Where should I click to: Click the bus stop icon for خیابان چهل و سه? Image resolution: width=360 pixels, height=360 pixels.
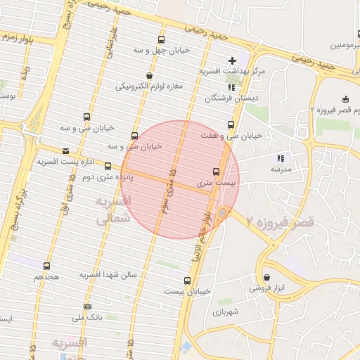(x=162, y=40)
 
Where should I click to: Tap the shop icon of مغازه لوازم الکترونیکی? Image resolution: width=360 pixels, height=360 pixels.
(x=149, y=76)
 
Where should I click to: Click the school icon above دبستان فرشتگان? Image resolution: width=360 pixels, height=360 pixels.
(x=232, y=87)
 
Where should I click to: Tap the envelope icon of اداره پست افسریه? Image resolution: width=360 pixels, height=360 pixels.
(x=65, y=151)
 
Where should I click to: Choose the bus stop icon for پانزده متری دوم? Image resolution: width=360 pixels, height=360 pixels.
(x=108, y=167)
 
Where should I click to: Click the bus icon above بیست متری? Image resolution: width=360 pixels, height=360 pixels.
(x=216, y=172)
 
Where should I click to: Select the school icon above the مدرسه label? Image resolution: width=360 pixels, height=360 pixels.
(x=280, y=159)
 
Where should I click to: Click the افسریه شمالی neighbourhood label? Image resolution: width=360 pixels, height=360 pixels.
(x=112, y=210)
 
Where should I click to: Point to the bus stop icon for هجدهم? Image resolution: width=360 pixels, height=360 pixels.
(x=46, y=266)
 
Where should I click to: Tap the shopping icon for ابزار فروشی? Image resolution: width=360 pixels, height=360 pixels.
(x=266, y=278)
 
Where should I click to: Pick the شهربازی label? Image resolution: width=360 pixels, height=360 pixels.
(x=226, y=310)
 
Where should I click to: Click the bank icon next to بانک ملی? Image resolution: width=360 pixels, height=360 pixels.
(x=87, y=307)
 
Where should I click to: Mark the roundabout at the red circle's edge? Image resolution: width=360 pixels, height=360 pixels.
(x=223, y=212)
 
